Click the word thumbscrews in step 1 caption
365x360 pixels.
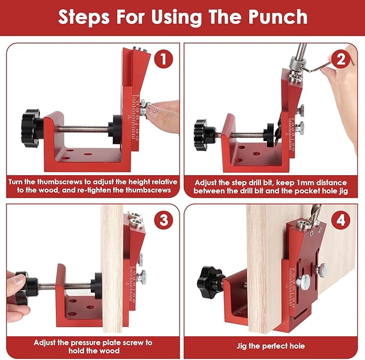[x=70, y=182]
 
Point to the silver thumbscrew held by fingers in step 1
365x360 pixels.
[x=146, y=110]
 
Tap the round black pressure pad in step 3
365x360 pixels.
[x=97, y=285]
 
